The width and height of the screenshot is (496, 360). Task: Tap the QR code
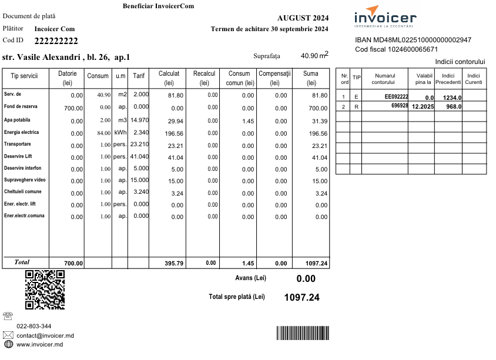coord(45,290)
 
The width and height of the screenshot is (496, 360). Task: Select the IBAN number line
coord(413,40)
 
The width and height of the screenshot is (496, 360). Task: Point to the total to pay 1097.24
coord(301,297)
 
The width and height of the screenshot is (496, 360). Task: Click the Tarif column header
coord(139,76)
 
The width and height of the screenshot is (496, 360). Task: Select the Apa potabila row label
coord(17,120)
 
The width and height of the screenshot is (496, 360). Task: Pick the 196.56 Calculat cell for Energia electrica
coord(173,133)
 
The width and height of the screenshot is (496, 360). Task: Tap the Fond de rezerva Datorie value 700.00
coord(73,108)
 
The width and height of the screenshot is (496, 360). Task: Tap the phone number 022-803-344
coord(33,326)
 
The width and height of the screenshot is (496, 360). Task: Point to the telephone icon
coord(8,316)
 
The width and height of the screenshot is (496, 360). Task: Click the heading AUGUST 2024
coord(303,18)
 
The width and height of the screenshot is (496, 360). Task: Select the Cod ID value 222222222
coord(56,41)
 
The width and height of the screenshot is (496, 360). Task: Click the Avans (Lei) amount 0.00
coord(306,279)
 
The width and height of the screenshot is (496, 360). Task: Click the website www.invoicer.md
coord(39,344)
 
